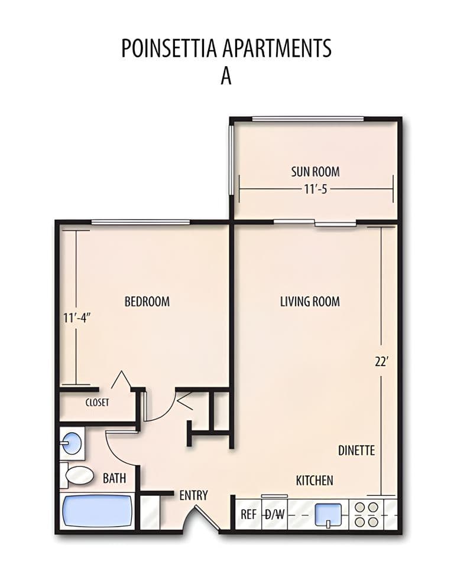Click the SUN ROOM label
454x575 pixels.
315,172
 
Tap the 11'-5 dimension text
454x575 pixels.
315,190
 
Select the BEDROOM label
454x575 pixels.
147,302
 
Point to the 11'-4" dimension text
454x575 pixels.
77,318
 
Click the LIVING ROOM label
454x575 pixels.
310,302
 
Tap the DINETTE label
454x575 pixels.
356,450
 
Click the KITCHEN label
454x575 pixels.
315,481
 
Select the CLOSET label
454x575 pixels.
98,403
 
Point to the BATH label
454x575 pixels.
114,478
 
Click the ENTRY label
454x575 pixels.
193,495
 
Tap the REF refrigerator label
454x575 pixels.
248,514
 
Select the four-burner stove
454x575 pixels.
366,514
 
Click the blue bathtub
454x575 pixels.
98,511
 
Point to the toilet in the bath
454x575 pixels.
77,475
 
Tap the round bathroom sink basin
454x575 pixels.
72,443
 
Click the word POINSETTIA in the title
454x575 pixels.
169,48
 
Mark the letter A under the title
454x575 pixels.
226,76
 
